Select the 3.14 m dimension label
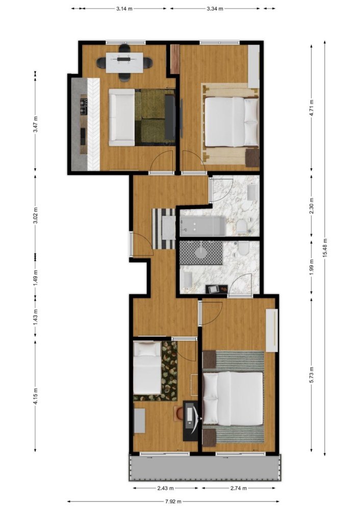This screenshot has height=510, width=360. coord(125,9)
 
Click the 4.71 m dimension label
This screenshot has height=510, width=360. coord(312,109)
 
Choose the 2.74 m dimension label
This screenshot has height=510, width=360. coord(239,488)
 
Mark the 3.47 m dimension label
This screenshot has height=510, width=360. coord(35,124)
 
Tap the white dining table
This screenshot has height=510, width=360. coord(124,60)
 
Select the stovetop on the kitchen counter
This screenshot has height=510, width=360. coord(83,107)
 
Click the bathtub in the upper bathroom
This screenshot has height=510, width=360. coord(202,225)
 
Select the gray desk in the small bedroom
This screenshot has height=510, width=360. coord(140,421)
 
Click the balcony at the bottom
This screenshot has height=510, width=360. coord(204,467)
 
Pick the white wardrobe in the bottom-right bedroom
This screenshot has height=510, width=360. coord(271,330)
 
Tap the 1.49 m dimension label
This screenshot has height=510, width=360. coord(35,276)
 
